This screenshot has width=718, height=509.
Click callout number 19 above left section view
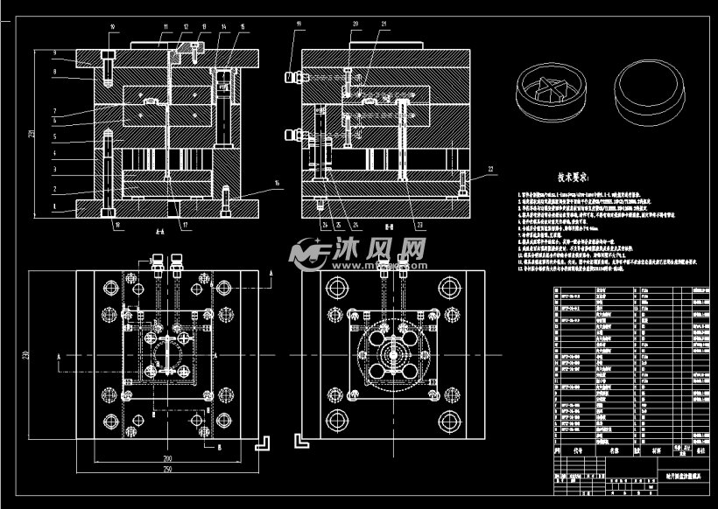click(297, 24)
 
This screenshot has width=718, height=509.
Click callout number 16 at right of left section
click(278, 184)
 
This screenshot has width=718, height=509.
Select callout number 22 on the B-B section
click(490, 168)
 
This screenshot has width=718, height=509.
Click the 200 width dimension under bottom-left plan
click(165, 457)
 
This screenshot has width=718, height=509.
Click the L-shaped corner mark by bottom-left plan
click(260, 443)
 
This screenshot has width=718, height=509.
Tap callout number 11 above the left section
click(163, 25)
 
